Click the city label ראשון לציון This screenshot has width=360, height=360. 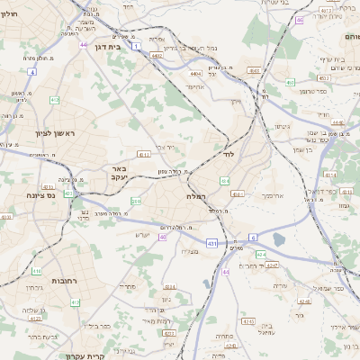[37, 133]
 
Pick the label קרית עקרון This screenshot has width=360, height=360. [86, 355]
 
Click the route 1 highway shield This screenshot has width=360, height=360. [135, 44]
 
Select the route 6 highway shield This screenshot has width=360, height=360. [254, 237]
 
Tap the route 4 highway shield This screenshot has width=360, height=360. [31, 70]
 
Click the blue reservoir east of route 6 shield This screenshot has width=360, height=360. [278, 239]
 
